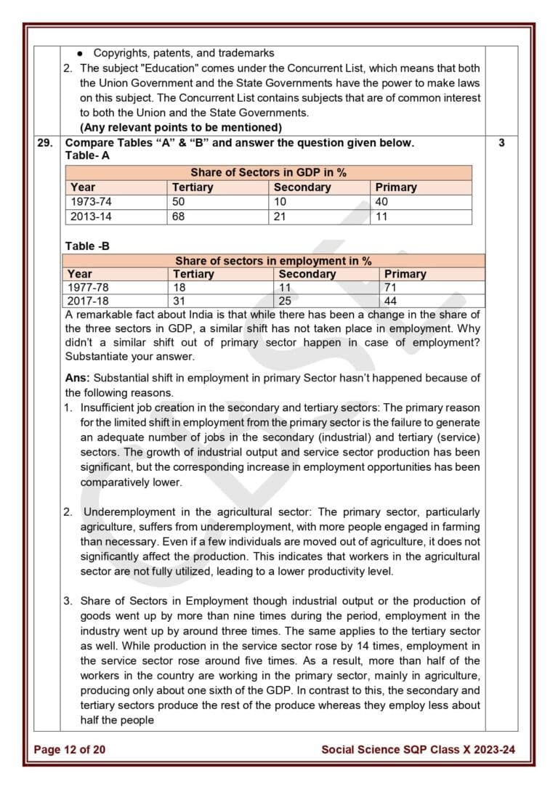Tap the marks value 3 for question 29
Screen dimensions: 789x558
tap(501, 143)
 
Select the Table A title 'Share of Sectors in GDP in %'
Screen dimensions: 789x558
tap(268, 173)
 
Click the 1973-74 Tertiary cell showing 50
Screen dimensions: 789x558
tap(179, 202)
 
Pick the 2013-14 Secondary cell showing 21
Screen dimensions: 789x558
tap(280, 217)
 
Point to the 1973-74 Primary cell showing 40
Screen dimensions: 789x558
tap(382, 202)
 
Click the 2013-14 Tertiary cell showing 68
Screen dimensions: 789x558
tap(179, 217)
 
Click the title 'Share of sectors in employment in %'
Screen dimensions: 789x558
tap(273, 261)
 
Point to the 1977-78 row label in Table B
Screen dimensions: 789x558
tap(88, 288)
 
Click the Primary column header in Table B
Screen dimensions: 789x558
tap(405, 274)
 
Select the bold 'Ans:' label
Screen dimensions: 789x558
tap(78, 378)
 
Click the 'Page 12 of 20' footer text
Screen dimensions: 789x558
tap(69, 749)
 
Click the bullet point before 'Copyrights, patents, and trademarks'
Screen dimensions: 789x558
tap(79, 53)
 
